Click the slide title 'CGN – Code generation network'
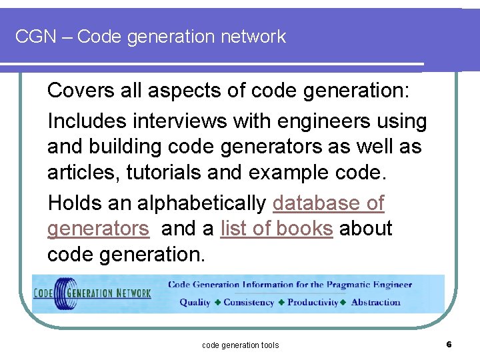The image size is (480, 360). tap(151, 37)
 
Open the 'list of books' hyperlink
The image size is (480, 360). tap(276, 229)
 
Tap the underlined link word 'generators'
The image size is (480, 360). tap(98, 229)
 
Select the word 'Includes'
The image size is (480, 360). tap(87, 121)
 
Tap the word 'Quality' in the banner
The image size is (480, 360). tap(195, 302)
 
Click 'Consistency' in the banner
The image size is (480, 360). tap(249, 302)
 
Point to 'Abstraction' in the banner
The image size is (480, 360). tap(376, 302)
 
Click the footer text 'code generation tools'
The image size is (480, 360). tap(240, 345)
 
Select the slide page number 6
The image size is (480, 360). tap(449, 344)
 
